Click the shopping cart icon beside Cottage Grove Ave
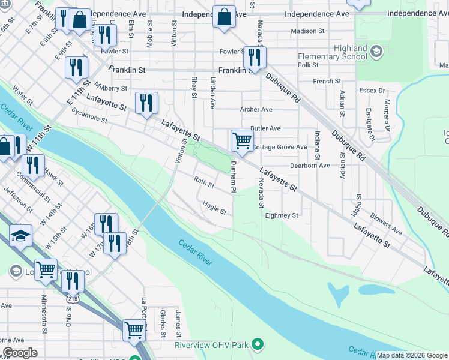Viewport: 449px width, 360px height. click(x=241, y=141)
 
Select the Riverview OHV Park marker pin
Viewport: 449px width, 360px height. click(x=258, y=344)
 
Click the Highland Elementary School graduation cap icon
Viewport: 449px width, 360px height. click(x=376, y=51)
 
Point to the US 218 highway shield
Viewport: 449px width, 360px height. click(x=73, y=298)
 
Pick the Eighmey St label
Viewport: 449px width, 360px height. click(x=282, y=215)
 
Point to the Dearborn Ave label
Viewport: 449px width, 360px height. click(x=310, y=166)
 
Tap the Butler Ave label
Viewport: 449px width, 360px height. click(x=265, y=128)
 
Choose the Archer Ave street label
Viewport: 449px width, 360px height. click(x=256, y=110)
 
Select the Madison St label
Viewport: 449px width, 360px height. click(x=307, y=31)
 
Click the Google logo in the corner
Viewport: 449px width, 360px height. click(x=20, y=353)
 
